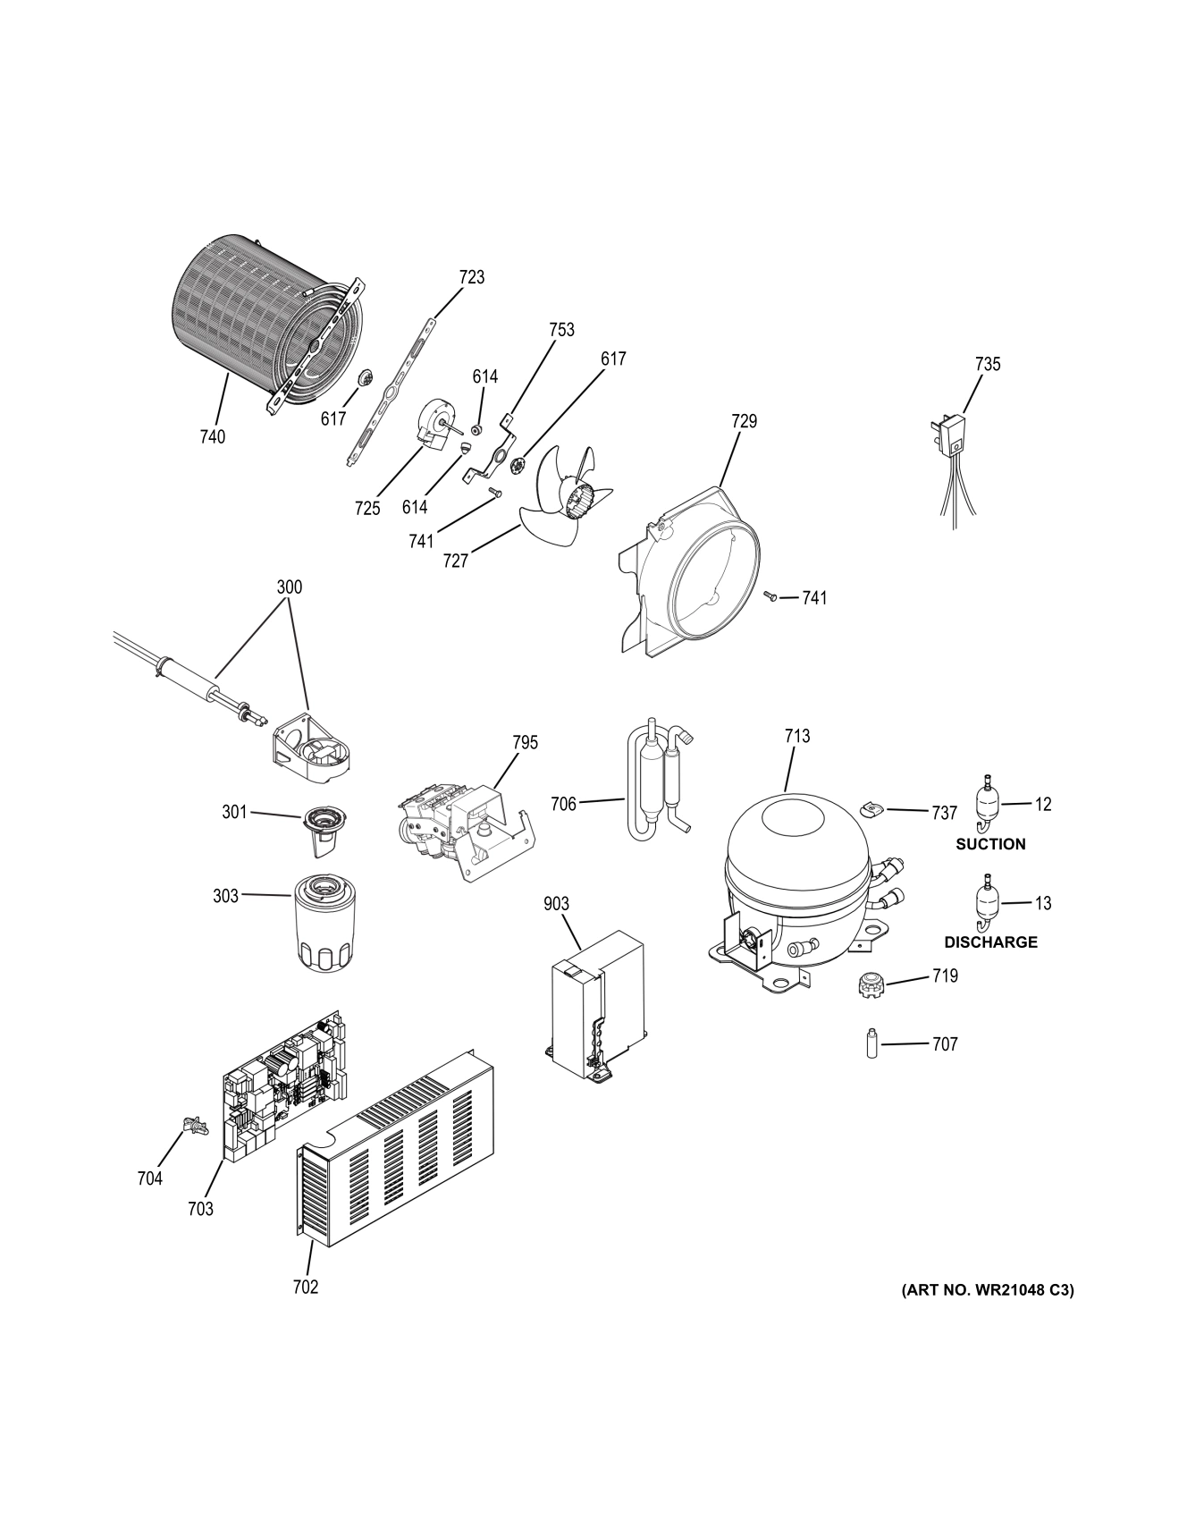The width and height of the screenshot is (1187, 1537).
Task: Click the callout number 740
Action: (x=213, y=437)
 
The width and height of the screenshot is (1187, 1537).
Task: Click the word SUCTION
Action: (x=990, y=844)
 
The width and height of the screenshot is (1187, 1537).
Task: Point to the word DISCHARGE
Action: (x=990, y=942)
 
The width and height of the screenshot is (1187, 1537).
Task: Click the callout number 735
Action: (x=988, y=364)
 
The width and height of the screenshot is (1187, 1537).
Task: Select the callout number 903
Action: (x=556, y=905)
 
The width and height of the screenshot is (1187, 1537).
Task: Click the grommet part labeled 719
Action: (x=865, y=986)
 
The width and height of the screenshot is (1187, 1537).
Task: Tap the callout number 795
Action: (x=525, y=742)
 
